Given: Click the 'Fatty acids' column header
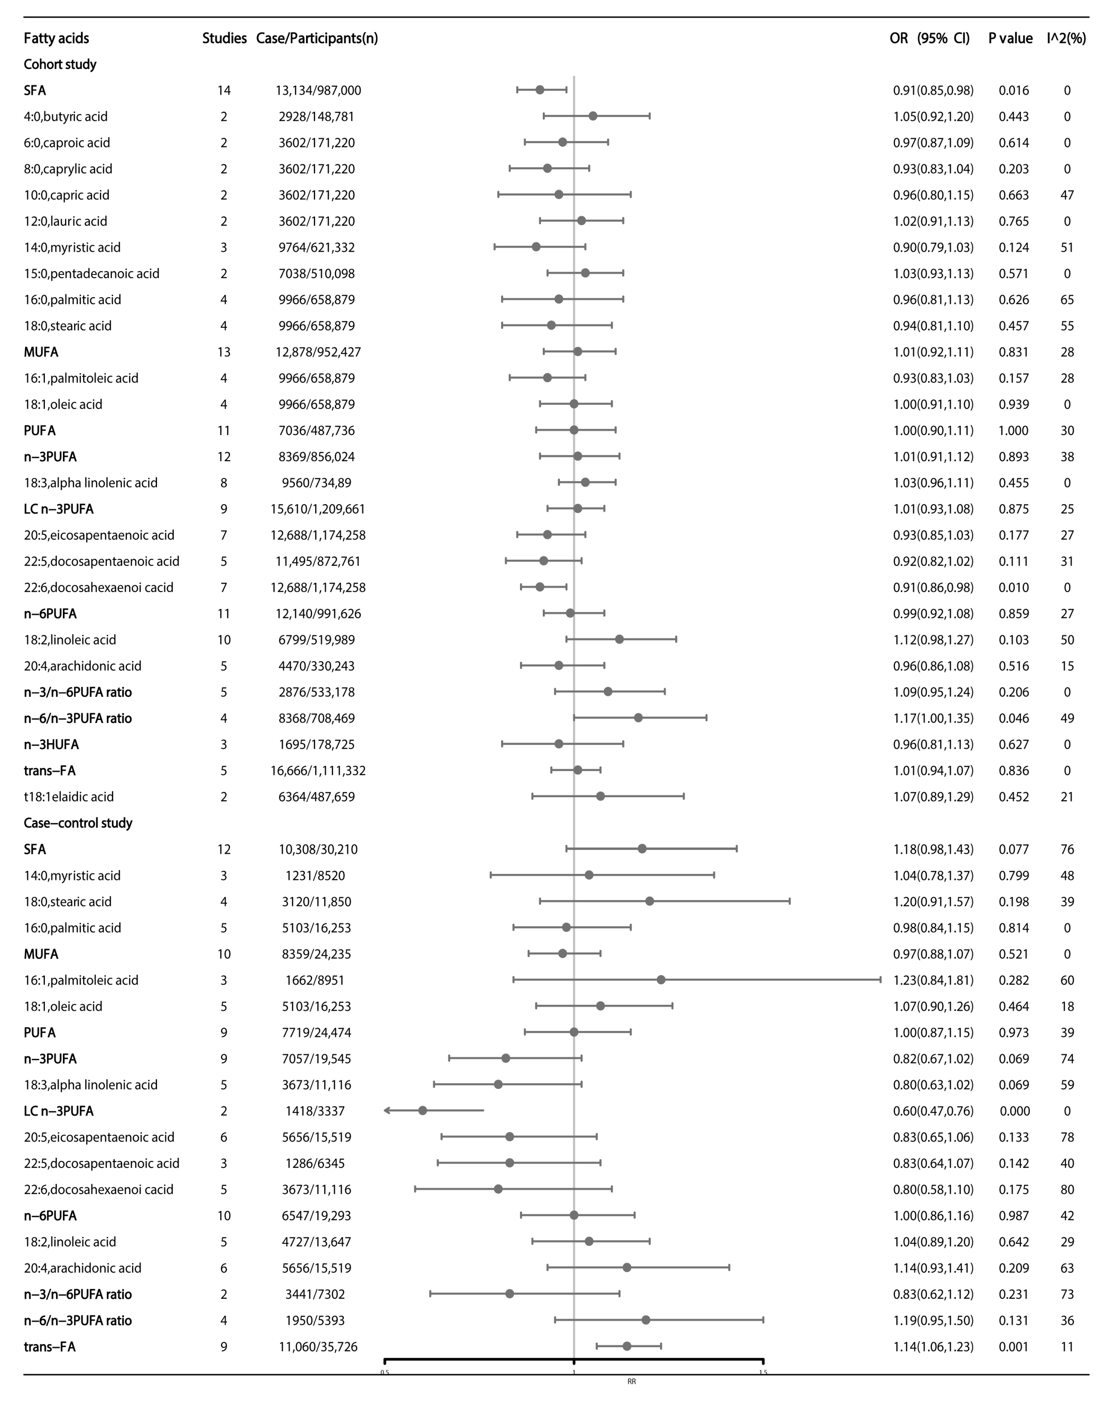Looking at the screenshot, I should tap(56, 38).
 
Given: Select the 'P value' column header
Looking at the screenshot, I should tap(1010, 38).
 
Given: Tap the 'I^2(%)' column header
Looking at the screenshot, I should tap(1066, 38).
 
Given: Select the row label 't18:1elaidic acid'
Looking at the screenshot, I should tap(69, 797).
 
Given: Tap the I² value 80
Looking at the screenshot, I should tap(1067, 1189).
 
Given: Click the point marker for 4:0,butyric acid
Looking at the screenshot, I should tap(592, 116).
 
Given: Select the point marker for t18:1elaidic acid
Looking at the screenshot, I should tap(600, 796).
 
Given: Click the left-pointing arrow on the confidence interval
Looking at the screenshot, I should tap(387, 1110).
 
